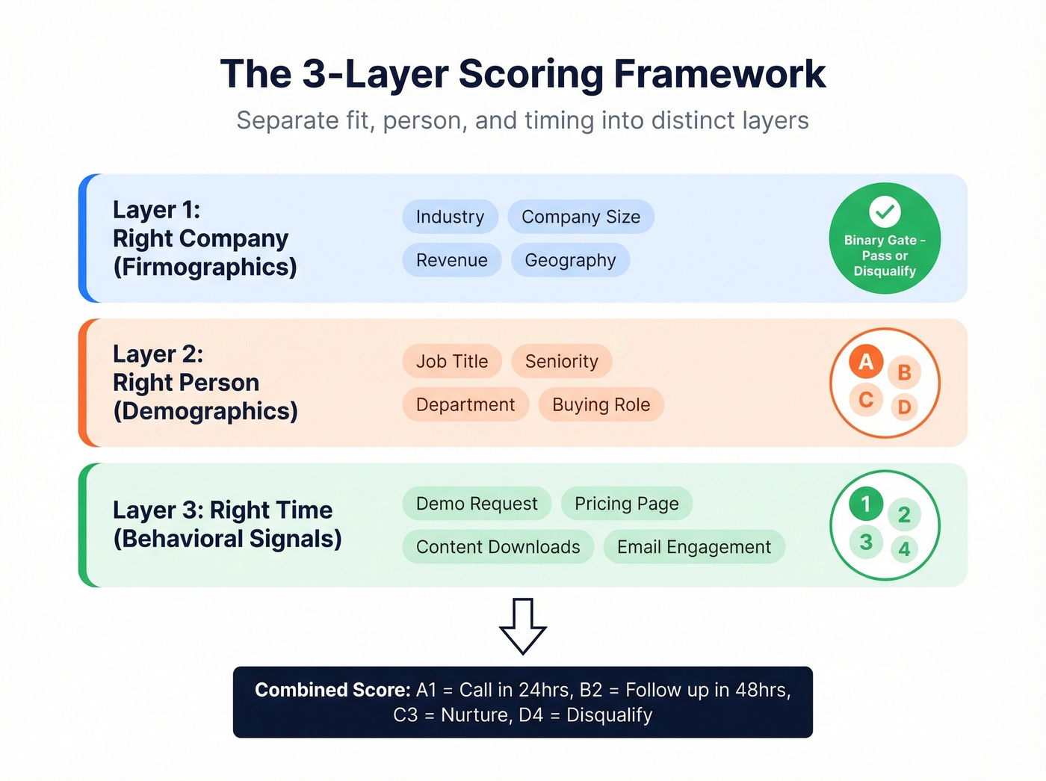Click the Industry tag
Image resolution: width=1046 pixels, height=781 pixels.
coord(450,217)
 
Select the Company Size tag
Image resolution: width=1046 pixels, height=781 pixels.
coord(581,217)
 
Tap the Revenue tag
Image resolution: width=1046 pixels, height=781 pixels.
coord(451,260)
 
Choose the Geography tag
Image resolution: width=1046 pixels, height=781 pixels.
coord(570,260)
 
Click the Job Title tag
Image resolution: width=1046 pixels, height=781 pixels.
coord(451,362)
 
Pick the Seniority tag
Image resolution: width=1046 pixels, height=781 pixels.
coord(561,362)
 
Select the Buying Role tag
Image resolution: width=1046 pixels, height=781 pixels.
coord(601,404)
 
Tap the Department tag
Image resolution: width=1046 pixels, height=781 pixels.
coord(465,404)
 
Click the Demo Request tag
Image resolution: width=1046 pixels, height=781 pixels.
coord(477,504)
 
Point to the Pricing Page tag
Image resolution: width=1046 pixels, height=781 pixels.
coord(626,504)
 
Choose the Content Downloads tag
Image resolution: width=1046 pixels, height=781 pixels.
coord(498,547)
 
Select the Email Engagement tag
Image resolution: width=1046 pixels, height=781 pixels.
coord(693,547)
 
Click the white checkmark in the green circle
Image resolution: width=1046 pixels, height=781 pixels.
coord(885,212)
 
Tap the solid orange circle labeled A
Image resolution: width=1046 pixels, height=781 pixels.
coord(866,362)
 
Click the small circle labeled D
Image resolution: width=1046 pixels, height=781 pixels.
coord(904,407)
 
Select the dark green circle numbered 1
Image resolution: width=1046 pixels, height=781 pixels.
coord(866,504)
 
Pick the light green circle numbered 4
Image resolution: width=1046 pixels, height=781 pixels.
coord(904,549)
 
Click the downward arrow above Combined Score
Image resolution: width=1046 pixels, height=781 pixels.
coord(523,626)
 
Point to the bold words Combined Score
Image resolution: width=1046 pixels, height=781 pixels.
coord(332,690)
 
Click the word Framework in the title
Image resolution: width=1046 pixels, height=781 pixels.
coord(719,74)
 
